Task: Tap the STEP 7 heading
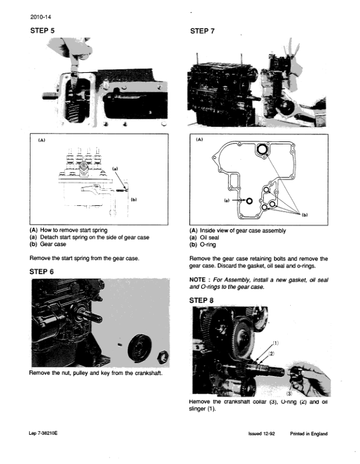(x=203, y=31)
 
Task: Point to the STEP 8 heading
(x=203, y=300)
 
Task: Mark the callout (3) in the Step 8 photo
(x=290, y=392)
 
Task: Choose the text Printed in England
(x=308, y=433)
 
